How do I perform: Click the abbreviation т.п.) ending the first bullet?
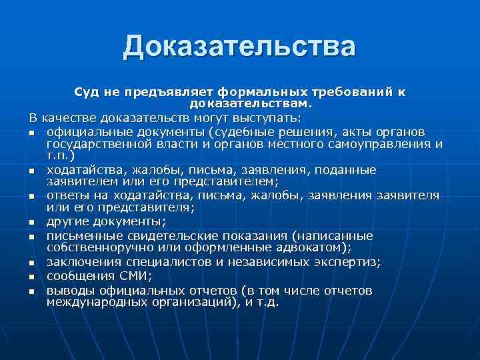tap(61, 155)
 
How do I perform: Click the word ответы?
tap(68, 195)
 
